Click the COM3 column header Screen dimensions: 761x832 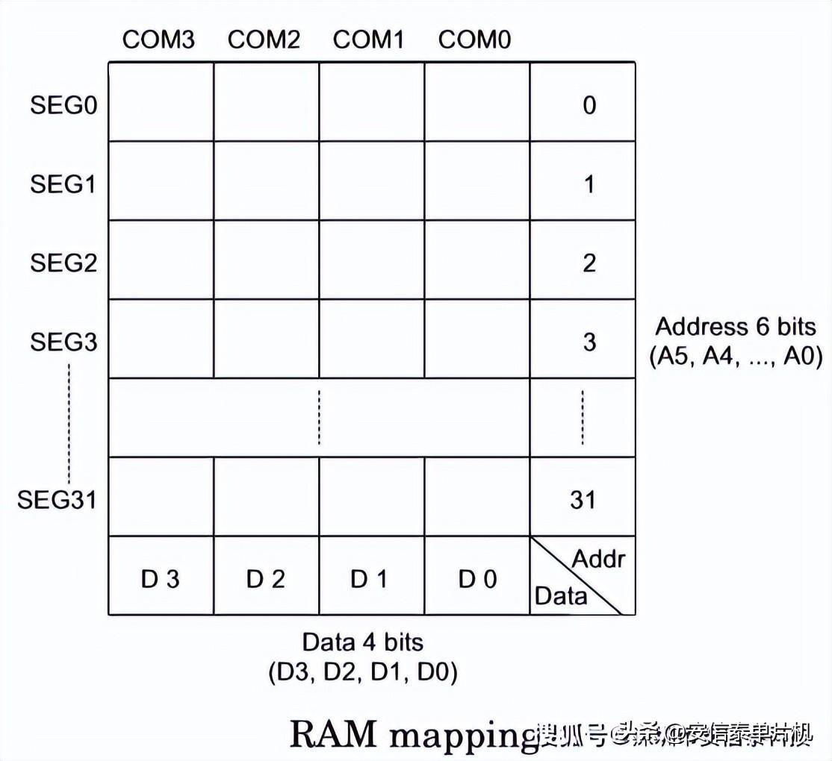(x=158, y=40)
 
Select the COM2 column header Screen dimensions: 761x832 (x=264, y=40)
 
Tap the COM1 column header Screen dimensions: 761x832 (x=369, y=40)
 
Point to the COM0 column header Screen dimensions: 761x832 (x=474, y=40)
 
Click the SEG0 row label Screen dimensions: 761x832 (x=63, y=104)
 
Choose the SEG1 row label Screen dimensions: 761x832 (x=63, y=184)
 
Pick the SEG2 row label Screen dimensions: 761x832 (x=63, y=263)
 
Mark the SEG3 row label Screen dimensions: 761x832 (x=63, y=342)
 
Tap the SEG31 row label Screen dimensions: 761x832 (x=57, y=498)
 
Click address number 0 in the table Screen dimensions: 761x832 (x=589, y=104)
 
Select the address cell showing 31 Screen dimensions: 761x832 (x=583, y=498)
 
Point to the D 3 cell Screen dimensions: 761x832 (x=161, y=579)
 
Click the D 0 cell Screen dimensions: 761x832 (x=477, y=579)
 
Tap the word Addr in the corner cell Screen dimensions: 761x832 (x=598, y=558)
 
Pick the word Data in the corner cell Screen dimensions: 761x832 (x=561, y=595)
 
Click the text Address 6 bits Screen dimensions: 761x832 (x=735, y=327)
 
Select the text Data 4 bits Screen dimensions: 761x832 (x=362, y=642)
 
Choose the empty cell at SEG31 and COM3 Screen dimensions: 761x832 (x=161, y=497)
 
